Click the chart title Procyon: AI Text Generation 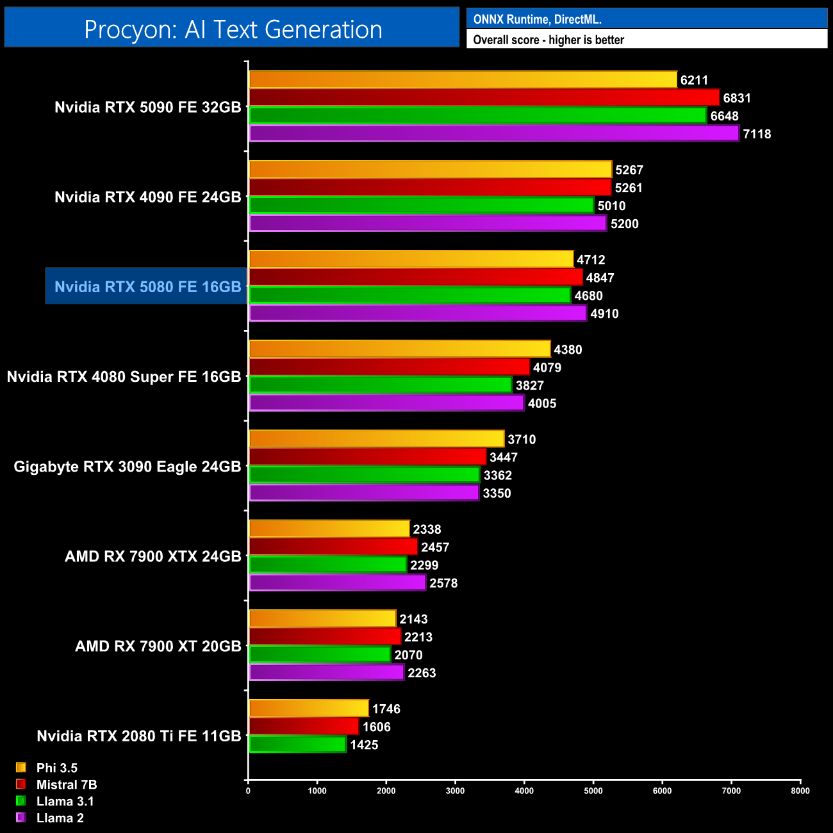(x=233, y=29)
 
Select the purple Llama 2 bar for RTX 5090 (x=493, y=134)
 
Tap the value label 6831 (x=737, y=98)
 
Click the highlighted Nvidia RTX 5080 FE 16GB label (x=147, y=286)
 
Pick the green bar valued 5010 (x=421, y=206)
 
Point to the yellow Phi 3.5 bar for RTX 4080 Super (x=399, y=349)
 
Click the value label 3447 (x=504, y=458)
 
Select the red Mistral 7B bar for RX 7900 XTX (x=333, y=547)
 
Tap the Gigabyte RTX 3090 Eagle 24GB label (x=128, y=466)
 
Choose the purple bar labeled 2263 (x=326, y=673)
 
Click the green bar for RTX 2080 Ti (x=297, y=745)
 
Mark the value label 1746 (x=386, y=709)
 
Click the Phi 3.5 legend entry (x=56, y=768)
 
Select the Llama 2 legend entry (x=60, y=818)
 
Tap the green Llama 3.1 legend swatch (x=21, y=801)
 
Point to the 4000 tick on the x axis (x=524, y=790)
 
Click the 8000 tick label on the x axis (x=800, y=790)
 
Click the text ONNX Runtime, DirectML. (x=537, y=19)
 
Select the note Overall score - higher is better (x=548, y=40)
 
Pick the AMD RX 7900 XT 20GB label (x=158, y=646)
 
